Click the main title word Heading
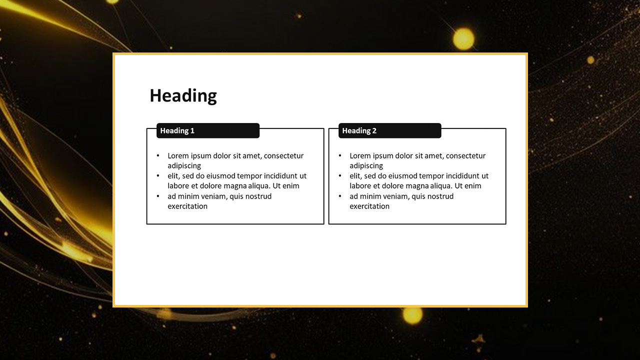click(183, 96)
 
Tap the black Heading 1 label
click(208, 130)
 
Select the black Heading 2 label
click(389, 130)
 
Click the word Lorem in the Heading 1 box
click(178, 155)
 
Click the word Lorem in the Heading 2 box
click(360, 155)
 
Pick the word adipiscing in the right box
click(366, 166)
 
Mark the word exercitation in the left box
click(187, 206)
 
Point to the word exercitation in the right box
click(369, 206)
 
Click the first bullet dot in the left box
click(158, 155)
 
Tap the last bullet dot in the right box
click(340, 196)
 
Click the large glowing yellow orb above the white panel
click(463, 39)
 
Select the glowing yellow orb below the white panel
click(412, 315)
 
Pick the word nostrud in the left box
click(259, 196)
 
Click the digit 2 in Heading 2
click(374, 130)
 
